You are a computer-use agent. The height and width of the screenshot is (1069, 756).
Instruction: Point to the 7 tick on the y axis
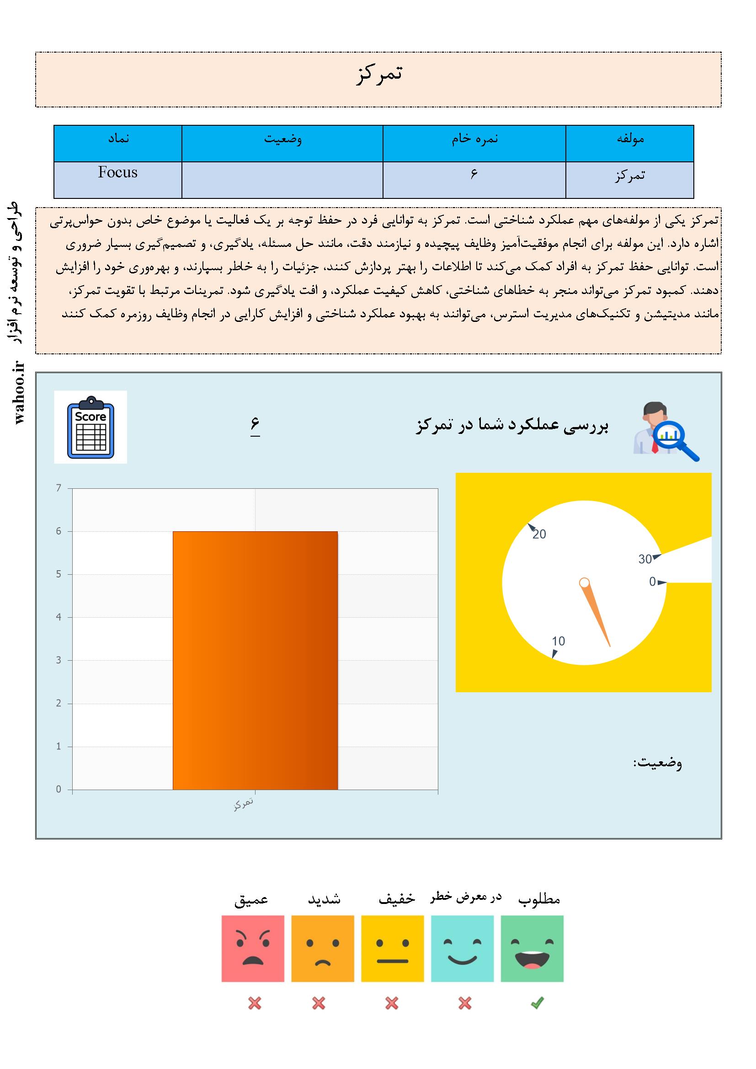59,488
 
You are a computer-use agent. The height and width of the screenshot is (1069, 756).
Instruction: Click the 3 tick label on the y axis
59,660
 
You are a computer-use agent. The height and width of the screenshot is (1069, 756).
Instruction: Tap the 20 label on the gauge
539,534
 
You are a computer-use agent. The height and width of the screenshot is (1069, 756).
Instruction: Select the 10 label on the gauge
558,641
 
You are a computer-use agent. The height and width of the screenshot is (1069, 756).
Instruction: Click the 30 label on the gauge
645,559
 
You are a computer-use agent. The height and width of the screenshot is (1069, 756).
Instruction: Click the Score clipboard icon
91,427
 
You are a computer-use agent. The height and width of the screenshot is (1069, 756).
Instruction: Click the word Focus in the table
118,173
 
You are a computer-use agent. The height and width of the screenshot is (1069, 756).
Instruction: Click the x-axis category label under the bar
244,804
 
